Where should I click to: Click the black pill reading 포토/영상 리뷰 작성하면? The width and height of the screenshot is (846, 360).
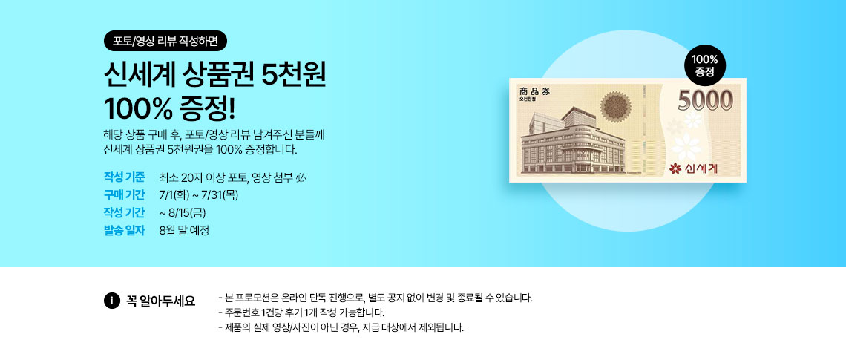point(165,41)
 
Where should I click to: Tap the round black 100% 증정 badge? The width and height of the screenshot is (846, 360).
point(705,65)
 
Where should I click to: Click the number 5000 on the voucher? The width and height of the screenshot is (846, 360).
point(706,100)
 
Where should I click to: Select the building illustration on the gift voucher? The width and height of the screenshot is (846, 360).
point(572,141)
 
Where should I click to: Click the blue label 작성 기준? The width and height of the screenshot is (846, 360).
point(124,177)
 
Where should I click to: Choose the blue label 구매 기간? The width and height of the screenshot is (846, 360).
point(124,194)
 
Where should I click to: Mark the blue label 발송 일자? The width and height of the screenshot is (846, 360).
point(124,230)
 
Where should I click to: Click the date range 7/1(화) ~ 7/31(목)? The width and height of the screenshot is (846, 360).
point(199,194)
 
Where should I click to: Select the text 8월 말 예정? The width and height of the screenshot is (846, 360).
point(184,230)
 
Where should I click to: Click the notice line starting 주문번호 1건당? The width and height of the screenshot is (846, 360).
point(301,312)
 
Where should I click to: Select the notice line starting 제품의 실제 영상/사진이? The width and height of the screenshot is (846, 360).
point(341,327)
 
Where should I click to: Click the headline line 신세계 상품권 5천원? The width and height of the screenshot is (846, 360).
point(214,78)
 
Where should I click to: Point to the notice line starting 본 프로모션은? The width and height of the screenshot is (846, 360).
point(376,298)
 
